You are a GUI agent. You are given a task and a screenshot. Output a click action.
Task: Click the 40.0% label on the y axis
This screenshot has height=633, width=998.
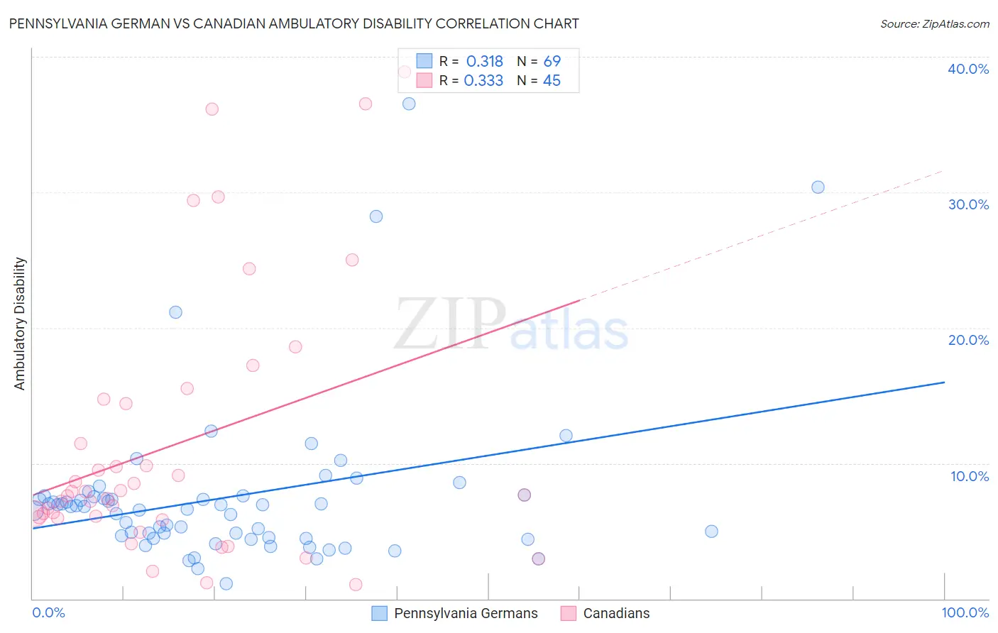(x=967, y=69)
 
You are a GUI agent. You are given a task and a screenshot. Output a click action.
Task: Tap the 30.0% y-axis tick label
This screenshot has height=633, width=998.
(x=967, y=204)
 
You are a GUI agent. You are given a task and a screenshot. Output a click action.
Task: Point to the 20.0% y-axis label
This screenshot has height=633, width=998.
(x=967, y=340)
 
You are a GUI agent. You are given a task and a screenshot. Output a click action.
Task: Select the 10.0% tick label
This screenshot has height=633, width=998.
(x=969, y=476)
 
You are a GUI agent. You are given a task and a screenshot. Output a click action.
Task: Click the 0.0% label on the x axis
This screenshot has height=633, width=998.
(x=48, y=612)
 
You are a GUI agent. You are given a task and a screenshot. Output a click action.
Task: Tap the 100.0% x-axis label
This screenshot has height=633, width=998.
(x=965, y=612)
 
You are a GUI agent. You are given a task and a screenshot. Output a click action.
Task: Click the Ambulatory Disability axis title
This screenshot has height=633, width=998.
(x=20, y=324)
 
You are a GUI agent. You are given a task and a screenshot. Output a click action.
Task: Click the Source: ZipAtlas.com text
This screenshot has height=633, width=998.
(x=934, y=23)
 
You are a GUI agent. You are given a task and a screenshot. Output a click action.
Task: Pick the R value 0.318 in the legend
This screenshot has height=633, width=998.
(x=484, y=62)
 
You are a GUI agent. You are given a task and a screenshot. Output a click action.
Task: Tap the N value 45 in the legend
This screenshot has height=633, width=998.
(x=552, y=81)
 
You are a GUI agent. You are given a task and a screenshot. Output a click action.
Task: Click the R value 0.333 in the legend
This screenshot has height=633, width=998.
(x=483, y=81)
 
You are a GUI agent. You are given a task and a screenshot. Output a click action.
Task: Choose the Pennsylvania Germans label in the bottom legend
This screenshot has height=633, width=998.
(x=466, y=613)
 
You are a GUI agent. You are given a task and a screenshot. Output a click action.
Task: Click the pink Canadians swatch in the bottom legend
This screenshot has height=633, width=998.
(x=568, y=613)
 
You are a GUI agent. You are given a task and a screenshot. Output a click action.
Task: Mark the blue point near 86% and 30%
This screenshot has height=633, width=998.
(x=818, y=187)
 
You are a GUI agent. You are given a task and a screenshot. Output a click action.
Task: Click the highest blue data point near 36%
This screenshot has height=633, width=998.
(x=409, y=104)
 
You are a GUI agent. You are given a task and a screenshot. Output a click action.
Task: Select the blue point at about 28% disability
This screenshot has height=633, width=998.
(x=376, y=216)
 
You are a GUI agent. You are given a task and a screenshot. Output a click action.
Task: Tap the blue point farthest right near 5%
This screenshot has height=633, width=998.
(x=711, y=532)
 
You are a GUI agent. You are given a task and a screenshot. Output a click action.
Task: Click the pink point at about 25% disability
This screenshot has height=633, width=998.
(x=352, y=260)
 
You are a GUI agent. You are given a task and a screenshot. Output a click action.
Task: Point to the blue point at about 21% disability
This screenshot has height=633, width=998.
(x=175, y=312)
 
